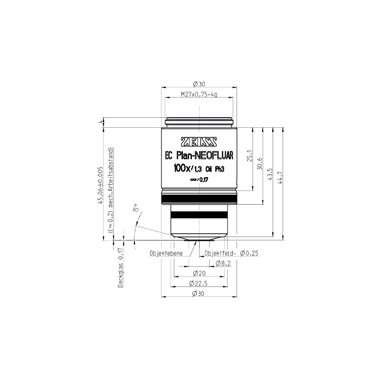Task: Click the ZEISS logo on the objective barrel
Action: tap(199, 141)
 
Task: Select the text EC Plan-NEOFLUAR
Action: tap(199, 154)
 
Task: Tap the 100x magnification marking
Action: tap(182, 168)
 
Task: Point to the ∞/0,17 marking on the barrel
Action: tap(199, 179)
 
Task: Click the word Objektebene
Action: tap(166, 254)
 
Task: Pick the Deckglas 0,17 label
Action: tap(121, 268)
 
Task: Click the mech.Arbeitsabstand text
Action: tap(110, 179)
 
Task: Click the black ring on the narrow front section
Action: tap(199, 215)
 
